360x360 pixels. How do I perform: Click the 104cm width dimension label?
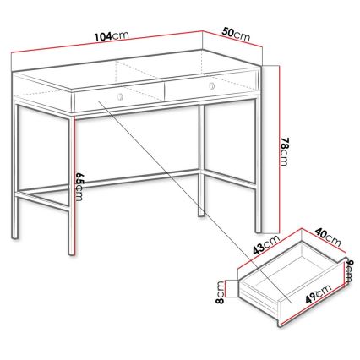(112, 36)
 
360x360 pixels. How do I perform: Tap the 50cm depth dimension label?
(237, 34)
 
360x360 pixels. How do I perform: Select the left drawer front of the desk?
(117, 100)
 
